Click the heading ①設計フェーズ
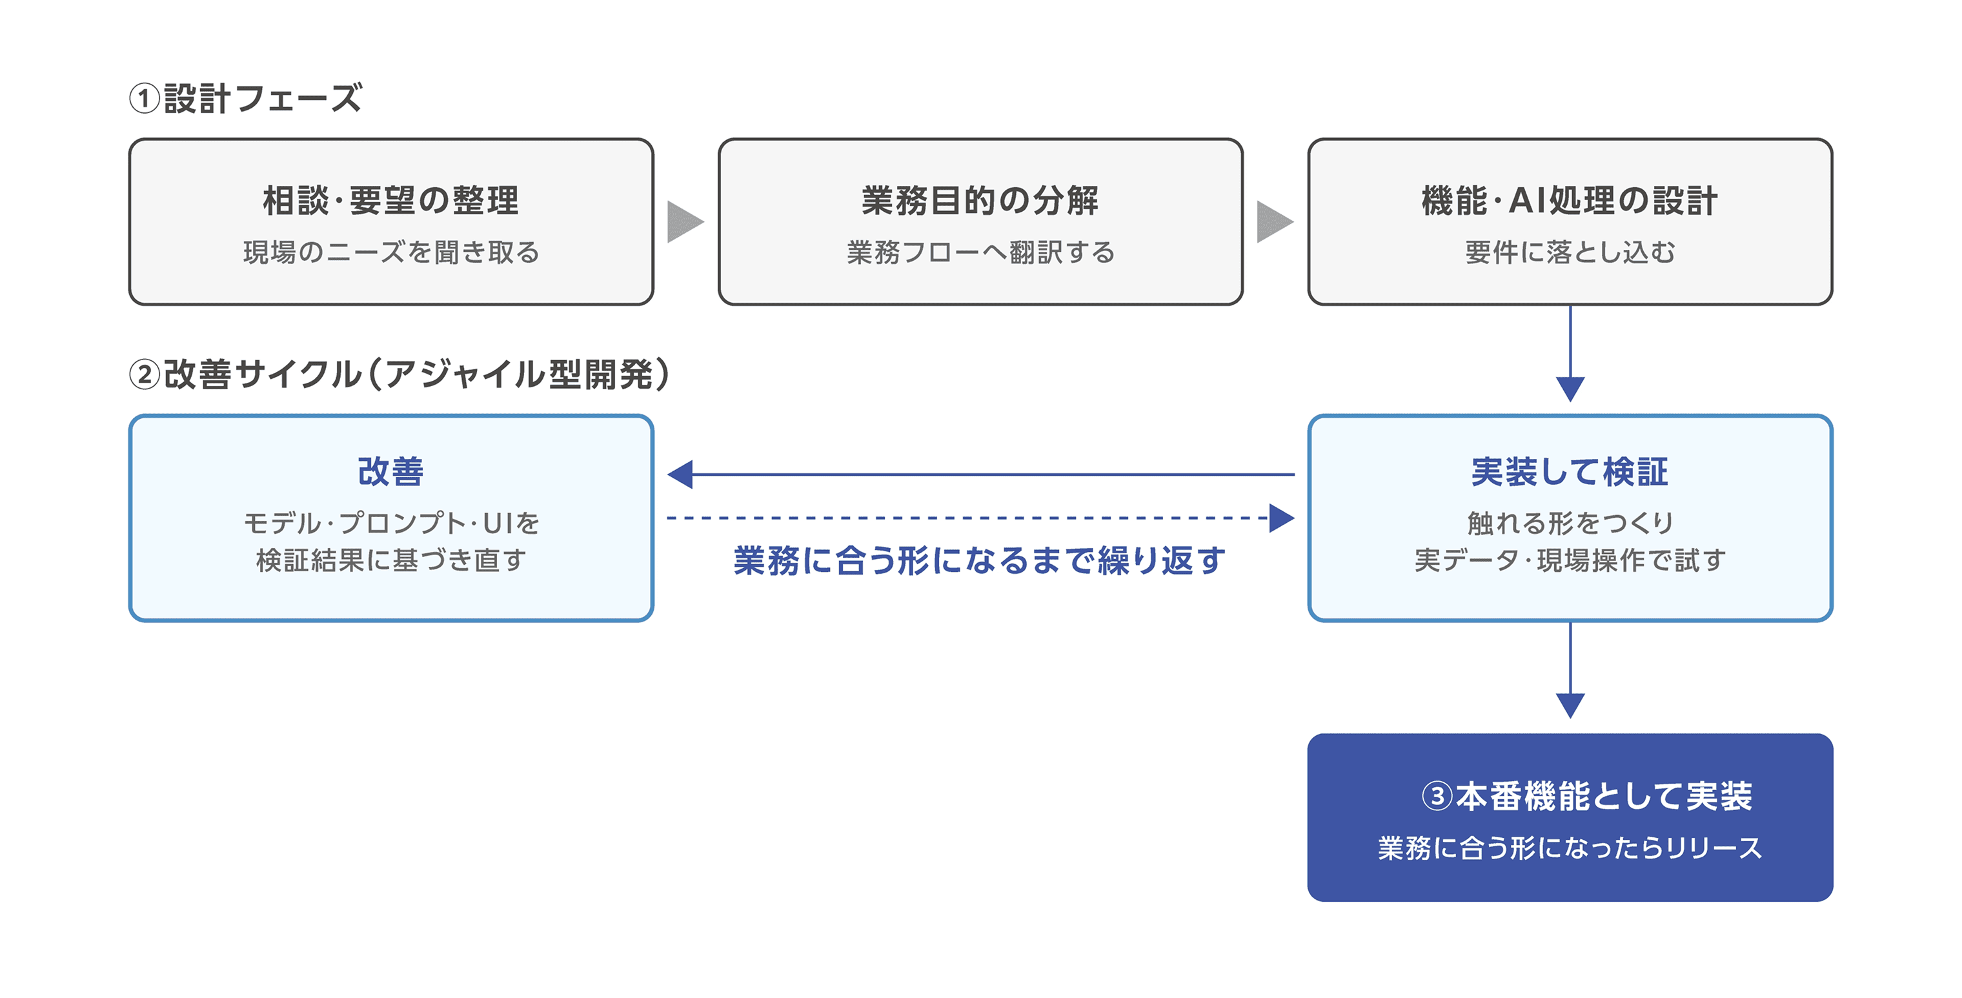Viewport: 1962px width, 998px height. tap(245, 98)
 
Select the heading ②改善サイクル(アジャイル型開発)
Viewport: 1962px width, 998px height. tap(400, 374)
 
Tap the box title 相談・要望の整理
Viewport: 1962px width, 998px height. tap(390, 200)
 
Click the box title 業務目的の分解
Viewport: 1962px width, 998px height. tap(980, 200)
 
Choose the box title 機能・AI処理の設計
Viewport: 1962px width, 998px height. tap(1570, 200)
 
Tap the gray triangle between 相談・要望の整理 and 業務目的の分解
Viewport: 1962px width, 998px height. tap(683, 221)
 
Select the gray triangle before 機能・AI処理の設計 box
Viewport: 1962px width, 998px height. tap(1273, 221)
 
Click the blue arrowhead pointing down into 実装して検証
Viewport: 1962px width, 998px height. tap(1570, 389)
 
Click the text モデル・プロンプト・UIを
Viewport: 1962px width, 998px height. tap(390, 523)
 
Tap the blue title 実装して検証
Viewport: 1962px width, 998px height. tap(1570, 472)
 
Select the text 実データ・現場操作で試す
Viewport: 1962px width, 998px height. tap(1570, 560)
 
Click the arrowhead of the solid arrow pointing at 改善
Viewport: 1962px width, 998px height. tap(680, 474)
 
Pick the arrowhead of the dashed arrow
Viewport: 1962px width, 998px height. tap(1282, 518)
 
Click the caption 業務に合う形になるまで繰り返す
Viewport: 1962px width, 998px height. tap(980, 561)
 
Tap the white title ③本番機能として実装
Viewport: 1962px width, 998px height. tap(1587, 796)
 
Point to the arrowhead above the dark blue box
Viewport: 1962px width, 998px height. tap(1570, 706)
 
